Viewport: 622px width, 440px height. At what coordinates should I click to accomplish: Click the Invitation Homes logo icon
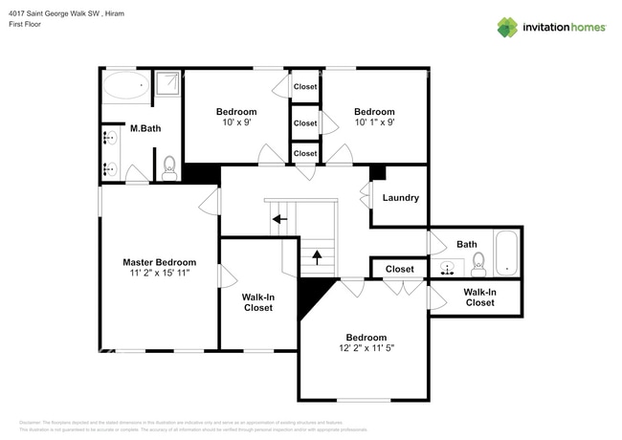coord(507,27)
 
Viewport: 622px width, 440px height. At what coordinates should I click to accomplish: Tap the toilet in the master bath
coord(169,168)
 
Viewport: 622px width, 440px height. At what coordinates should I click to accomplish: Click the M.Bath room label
coord(144,128)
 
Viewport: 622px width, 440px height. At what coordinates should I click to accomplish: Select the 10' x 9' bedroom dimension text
coord(235,122)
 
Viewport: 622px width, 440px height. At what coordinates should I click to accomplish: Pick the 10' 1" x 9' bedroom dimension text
coord(374,122)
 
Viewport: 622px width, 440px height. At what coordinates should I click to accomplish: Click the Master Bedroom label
coord(159,261)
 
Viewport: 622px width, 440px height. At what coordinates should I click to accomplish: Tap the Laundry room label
coord(400,198)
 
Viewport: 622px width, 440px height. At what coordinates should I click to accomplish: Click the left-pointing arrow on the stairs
coord(278,219)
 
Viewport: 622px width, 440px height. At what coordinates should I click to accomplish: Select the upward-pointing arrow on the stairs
coord(317,257)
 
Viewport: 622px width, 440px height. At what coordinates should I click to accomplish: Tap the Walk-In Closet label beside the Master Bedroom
coord(258,303)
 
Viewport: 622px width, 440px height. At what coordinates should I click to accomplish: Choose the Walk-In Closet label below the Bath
coord(479,297)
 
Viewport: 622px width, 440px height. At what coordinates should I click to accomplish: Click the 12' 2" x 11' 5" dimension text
coord(366,349)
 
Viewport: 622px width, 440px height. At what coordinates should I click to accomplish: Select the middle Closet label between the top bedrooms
coord(305,123)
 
